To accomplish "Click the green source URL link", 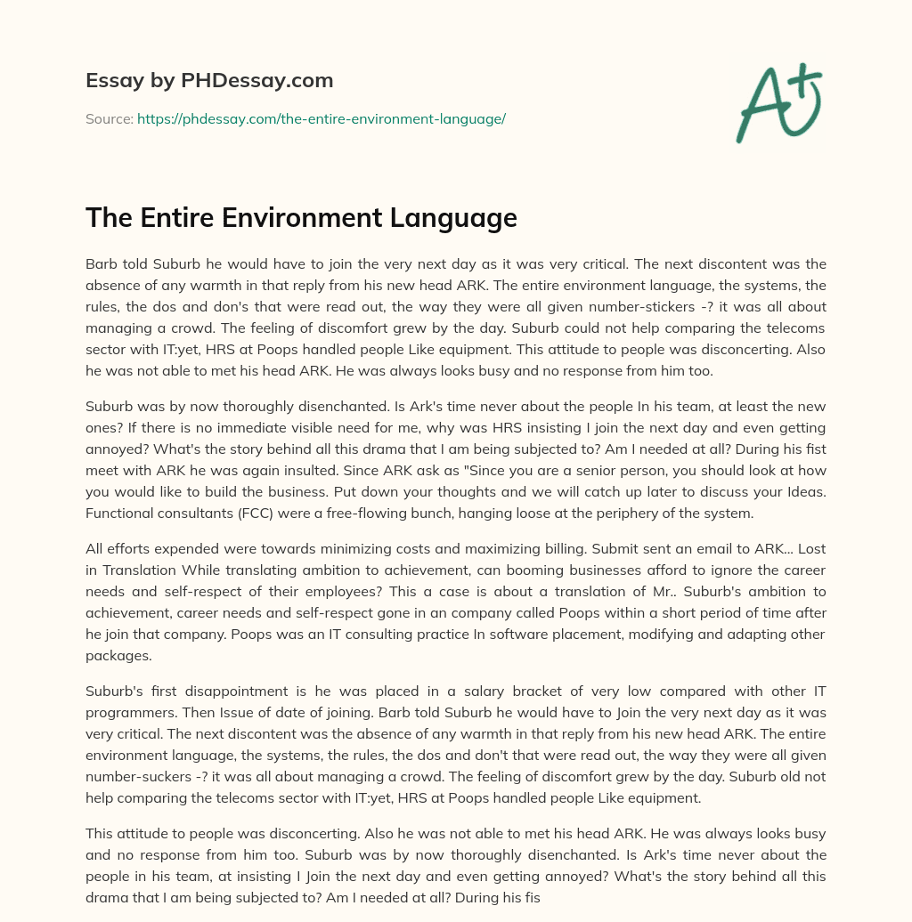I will pyautogui.click(x=321, y=118).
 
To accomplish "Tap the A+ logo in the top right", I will pyautogui.click(x=778, y=102).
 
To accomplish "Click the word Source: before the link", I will pyautogui.click(x=109, y=118).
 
